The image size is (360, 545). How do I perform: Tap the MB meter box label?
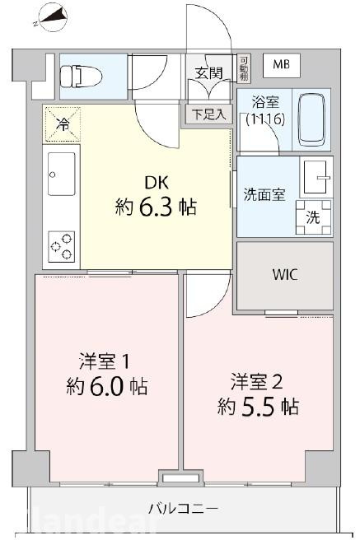pos(281,65)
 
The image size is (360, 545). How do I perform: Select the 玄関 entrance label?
pos(209,72)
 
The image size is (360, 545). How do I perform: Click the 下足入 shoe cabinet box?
pos(209,114)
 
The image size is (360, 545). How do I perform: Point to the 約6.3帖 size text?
pos(156,207)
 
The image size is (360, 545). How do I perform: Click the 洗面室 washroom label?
pos(264,195)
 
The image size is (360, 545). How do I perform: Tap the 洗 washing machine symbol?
pos(314,217)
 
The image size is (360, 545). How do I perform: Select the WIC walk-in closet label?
pos(284,275)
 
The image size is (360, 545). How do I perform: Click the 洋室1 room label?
pos(105,361)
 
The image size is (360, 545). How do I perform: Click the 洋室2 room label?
pos(257,381)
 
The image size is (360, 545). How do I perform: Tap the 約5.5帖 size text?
pos(258,406)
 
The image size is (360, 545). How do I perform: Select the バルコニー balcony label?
pos(183,509)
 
